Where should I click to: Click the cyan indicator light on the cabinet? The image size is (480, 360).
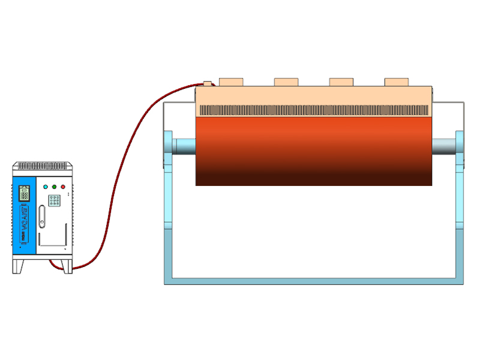click(x=46, y=187)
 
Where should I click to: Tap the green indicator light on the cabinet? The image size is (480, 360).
click(x=55, y=187)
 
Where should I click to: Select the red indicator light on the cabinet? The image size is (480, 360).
click(x=63, y=187)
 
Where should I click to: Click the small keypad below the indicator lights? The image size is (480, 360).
click(x=54, y=200)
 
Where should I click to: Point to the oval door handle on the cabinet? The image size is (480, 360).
click(x=41, y=217)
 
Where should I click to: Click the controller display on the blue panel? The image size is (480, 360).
click(x=25, y=193)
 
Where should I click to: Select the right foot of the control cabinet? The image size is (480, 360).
click(x=67, y=266)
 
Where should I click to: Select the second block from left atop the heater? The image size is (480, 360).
click(x=286, y=82)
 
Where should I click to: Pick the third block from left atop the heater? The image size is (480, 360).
click(x=341, y=82)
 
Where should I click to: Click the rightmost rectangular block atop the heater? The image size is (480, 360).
click(x=396, y=82)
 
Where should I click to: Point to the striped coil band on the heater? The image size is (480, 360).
click(x=314, y=110)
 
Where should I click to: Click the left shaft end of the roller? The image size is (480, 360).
click(x=184, y=145)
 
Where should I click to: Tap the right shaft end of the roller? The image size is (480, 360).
click(x=443, y=145)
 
